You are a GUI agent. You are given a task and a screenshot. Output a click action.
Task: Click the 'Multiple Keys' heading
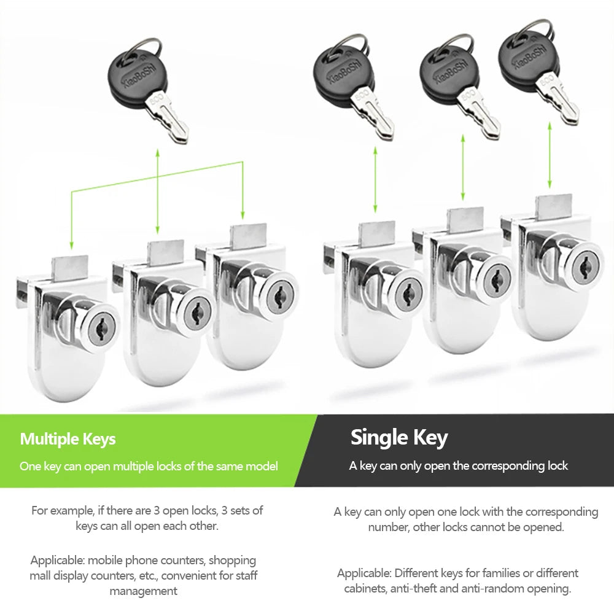[68, 439]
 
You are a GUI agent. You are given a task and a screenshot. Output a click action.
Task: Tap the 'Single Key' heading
[399, 437]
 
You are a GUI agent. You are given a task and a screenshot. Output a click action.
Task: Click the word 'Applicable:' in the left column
[57, 561]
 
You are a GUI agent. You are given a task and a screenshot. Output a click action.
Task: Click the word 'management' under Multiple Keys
[143, 591]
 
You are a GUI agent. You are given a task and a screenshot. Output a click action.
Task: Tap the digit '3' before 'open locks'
[156, 511]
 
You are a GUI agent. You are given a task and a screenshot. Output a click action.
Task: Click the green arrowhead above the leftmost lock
[71, 245]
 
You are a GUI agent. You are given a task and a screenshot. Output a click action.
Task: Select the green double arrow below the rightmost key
[550, 155]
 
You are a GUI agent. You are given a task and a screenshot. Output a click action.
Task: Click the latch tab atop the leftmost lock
[71, 268]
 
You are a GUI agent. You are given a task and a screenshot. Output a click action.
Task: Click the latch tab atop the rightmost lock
[554, 208]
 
